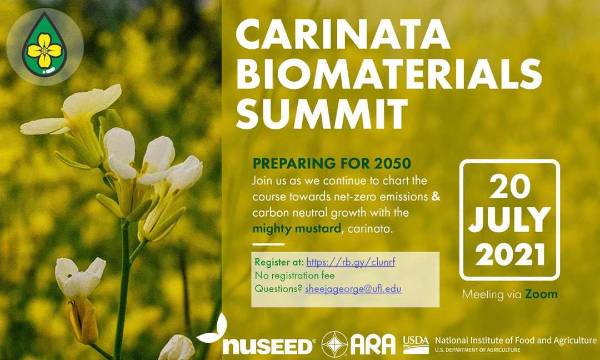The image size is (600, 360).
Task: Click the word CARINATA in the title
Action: pyautogui.click(x=343, y=34)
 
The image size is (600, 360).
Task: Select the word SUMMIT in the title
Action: pyautogui.click(x=322, y=113)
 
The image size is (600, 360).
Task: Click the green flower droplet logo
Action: pyautogui.click(x=44, y=44)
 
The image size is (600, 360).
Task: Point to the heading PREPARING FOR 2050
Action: pyautogui.click(x=332, y=163)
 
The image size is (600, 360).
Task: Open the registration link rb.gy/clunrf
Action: pyautogui.click(x=351, y=262)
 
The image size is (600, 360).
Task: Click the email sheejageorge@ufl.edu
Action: pyautogui.click(x=353, y=289)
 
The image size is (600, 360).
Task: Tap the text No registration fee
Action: pyautogui.click(x=294, y=276)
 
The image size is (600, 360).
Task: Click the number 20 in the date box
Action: pyautogui.click(x=509, y=187)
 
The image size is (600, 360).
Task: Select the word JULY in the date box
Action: pyautogui.click(x=509, y=220)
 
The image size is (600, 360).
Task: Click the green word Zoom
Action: pyautogui.click(x=541, y=294)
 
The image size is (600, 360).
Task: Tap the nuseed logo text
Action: pyautogui.click(x=267, y=346)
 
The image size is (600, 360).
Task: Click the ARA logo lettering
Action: pyautogui.click(x=373, y=344)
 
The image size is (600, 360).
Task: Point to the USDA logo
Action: pyautogui.click(x=416, y=344)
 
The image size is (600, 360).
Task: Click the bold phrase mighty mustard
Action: pyautogui.click(x=297, y=229)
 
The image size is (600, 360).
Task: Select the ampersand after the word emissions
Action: pyautogui.click(x=436, y=197)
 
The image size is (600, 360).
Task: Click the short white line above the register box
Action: pyautogui.click(x=268, y=244)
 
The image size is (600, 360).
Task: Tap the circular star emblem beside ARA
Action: pyautogui.click(x=334, y=344)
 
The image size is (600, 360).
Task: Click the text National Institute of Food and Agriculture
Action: pyautogui.click(x=516, y=340)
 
